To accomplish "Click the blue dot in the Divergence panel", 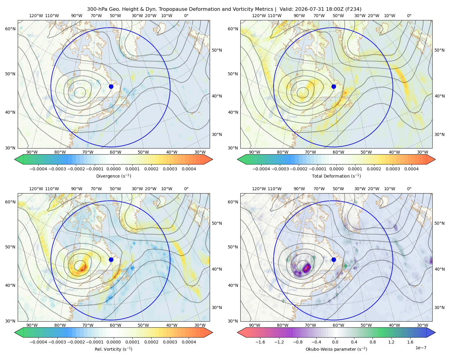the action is [111, 86].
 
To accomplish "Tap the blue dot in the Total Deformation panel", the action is [334, 86].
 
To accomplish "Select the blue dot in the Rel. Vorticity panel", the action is [111, 259].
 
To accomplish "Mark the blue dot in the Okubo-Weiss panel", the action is [334, 259].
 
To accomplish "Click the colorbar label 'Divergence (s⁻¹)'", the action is [113, 176].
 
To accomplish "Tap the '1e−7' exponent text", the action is [421, 348].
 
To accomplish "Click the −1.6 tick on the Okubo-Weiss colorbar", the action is [260, 342].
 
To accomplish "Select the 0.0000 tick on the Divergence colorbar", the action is [113, 169].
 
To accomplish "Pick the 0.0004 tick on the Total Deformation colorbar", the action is [412, 169].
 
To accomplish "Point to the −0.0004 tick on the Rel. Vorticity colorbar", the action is [38, 342].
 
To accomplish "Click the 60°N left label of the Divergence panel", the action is [10, 29].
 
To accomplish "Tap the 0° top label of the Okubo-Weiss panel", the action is [409, 189].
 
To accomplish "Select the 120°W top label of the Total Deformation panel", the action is [259, 16].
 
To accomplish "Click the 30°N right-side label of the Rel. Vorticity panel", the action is [217, 307].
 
